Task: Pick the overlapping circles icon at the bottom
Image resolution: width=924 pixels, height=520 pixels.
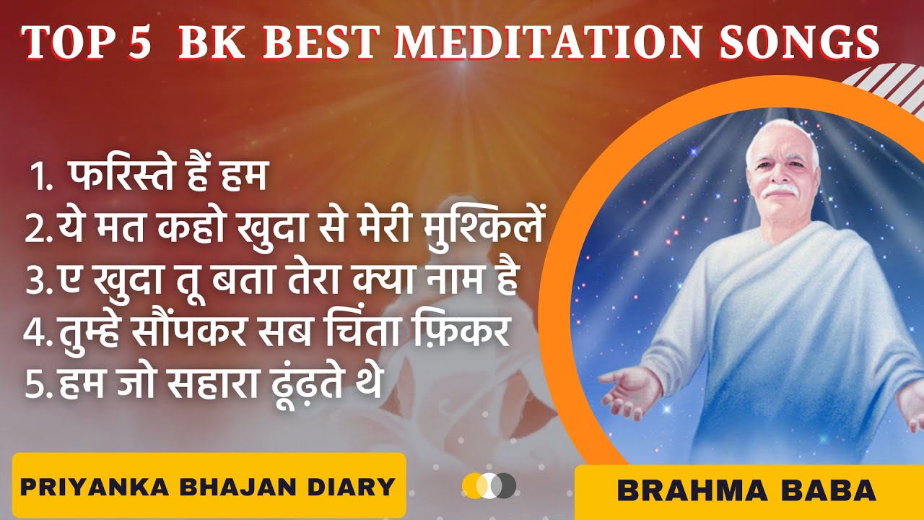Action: [x=489, y=485]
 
